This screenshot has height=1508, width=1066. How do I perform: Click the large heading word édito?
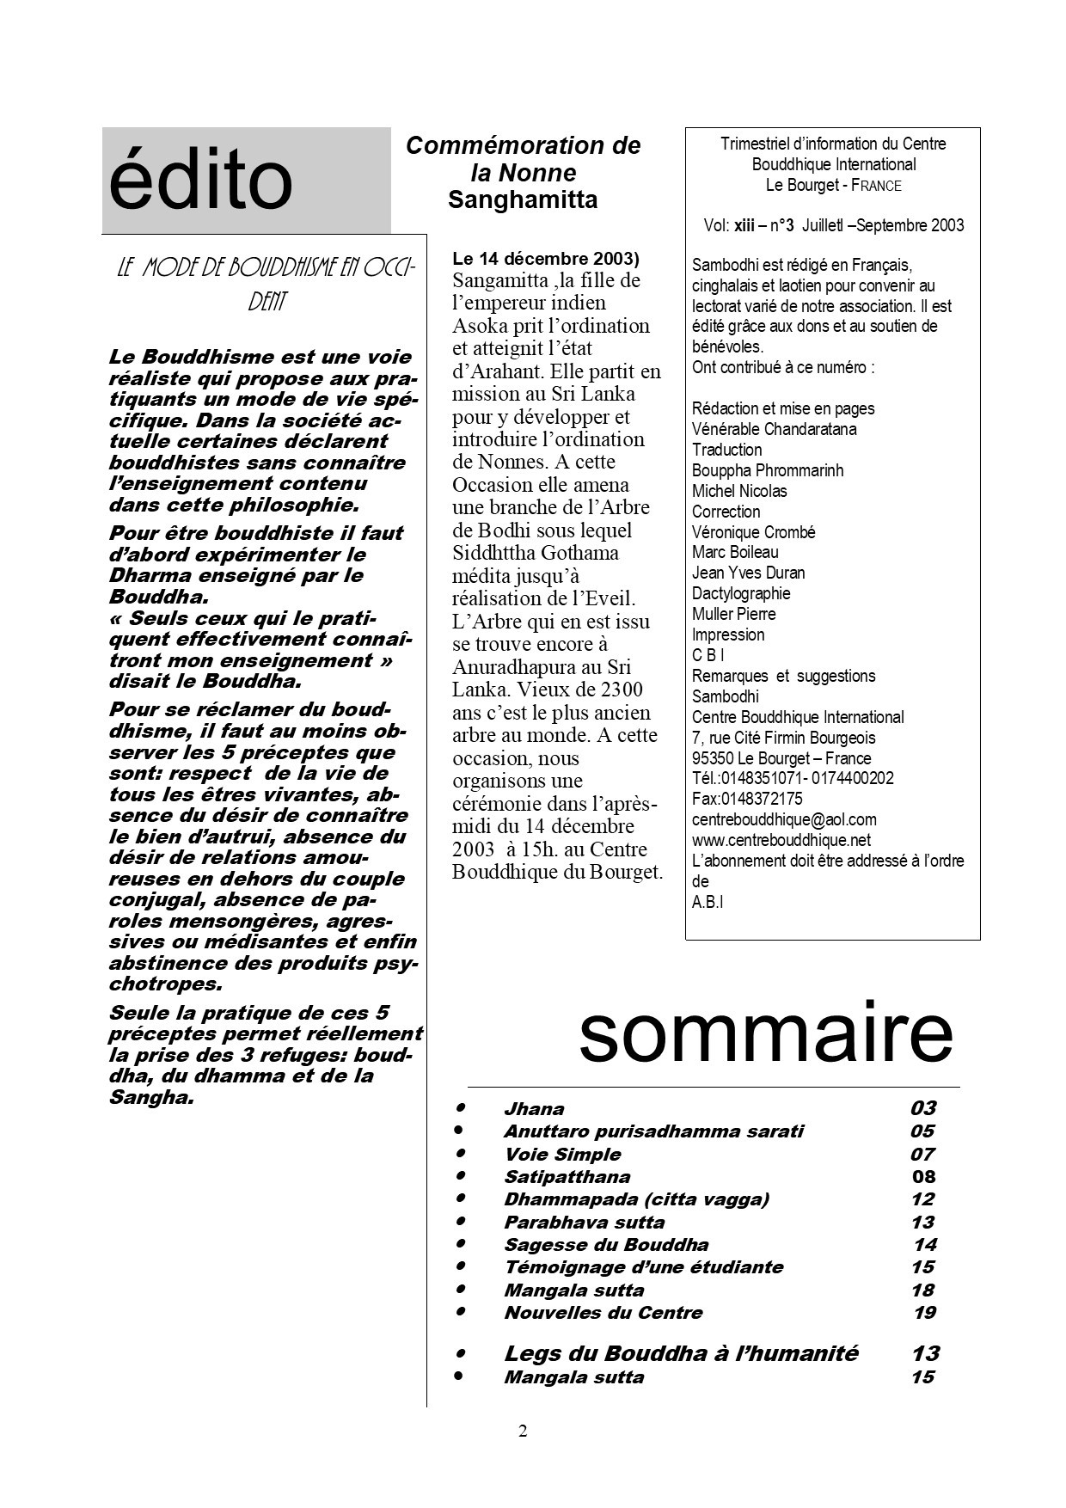coord(200,181)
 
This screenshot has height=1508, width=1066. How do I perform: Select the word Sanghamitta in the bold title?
coord(523,200)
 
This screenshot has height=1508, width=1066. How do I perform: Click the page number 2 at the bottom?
coord(523,1431)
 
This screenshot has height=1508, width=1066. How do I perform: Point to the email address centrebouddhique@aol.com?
coord(784,819)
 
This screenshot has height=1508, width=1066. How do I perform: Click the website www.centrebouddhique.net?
coord(781,840)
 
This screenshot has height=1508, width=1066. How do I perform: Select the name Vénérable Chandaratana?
coord(774,429)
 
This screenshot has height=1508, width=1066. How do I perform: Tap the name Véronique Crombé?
coord(753,532)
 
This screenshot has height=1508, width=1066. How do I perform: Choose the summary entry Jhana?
coord(534,1109)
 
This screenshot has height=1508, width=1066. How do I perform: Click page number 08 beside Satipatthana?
coord(923,1177)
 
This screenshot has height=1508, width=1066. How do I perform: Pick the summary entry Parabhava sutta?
coord(584,1223)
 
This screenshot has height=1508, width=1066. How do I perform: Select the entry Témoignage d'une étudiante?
coord(643,1267)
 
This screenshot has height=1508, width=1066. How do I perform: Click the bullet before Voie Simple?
coord(461,1152)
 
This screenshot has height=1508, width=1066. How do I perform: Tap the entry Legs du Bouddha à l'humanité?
coord(681,1353)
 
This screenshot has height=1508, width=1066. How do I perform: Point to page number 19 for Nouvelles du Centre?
coord(924,1313)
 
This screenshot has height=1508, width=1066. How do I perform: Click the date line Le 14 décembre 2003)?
coord(546,258)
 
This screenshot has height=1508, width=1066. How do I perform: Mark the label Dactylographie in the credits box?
coord(741,593)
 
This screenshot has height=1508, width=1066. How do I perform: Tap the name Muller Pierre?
coord(733,614)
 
